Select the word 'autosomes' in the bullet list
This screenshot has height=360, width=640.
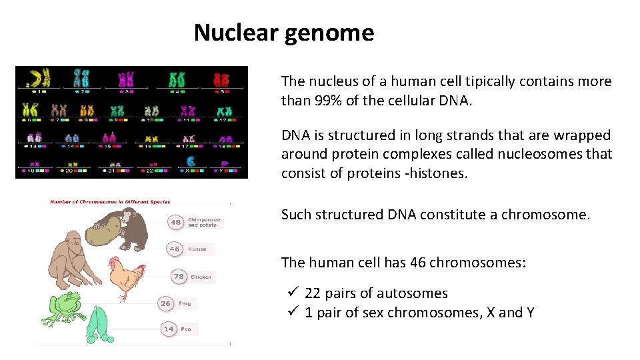(x=416, y=293)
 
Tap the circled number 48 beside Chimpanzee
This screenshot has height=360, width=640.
(x=175, y=222)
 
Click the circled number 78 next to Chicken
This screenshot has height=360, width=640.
(x=178, y=276)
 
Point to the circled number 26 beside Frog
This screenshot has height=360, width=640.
(x=165, y=303)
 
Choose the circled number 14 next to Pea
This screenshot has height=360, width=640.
(x=169, y=329)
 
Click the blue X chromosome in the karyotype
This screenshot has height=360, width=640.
(x=191, y=162)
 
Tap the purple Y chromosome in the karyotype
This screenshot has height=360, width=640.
(x=225, y=163)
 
